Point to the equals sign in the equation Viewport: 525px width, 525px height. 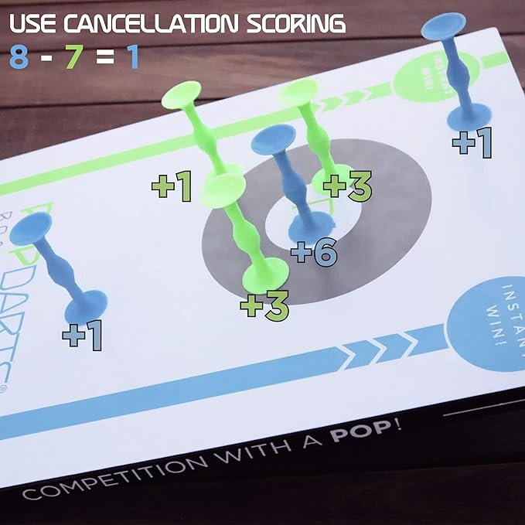101,58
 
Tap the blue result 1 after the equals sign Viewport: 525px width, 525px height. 132,57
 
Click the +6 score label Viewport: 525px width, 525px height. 315,252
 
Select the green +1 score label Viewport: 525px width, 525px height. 171,187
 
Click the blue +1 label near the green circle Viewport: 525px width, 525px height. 472,144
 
